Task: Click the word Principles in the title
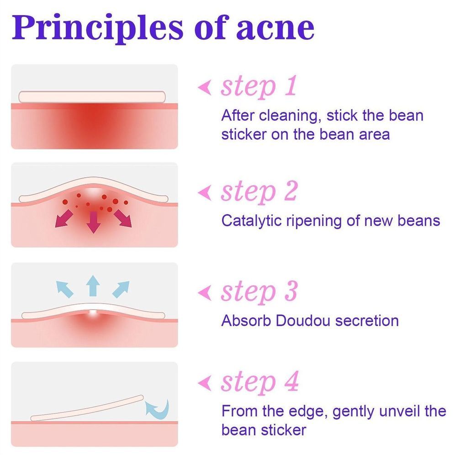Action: [x=97, y=28]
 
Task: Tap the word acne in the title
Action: [x=275, y=28]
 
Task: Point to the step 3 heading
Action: [x=259, y=291]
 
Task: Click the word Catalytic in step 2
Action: [x=251, y=221]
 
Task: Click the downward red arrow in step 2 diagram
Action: [x=94, y=222]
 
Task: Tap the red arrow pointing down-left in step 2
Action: [x=64, y=219]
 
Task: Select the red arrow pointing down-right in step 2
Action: [x=123, y=218]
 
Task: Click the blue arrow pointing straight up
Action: [x=93, y=286]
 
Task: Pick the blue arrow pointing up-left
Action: [x=65, y=289]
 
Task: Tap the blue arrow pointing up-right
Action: [x=121, y=289]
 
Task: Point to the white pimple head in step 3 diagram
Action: [x=93, y=312]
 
